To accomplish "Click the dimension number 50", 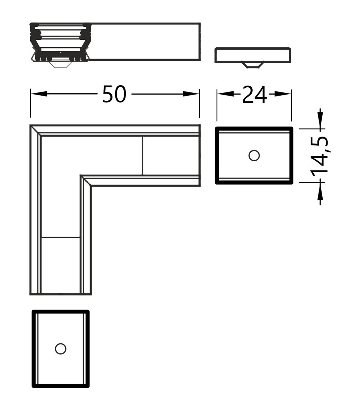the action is pos(114,94).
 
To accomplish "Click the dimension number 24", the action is pos(255,95).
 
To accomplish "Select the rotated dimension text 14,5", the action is pos(320,156).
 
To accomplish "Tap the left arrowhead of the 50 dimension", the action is pos(39,94).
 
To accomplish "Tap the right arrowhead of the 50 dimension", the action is pos(191,94).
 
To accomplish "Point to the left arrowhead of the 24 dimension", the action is pos(226,94).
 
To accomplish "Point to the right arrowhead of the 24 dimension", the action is pos(283,94).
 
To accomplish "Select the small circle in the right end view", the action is pos(254,155).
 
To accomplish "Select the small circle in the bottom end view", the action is pos(61,349).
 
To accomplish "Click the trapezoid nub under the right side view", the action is pos(253,65).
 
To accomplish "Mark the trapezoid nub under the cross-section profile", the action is pos(60,64).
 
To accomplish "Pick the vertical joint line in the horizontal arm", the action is pos(142,155).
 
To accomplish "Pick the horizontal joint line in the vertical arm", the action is pos(61,237).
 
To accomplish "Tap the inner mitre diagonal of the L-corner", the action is pos(85,180).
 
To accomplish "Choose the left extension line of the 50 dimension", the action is pos(31,103).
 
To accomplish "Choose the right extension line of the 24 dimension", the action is pos(291,105).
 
